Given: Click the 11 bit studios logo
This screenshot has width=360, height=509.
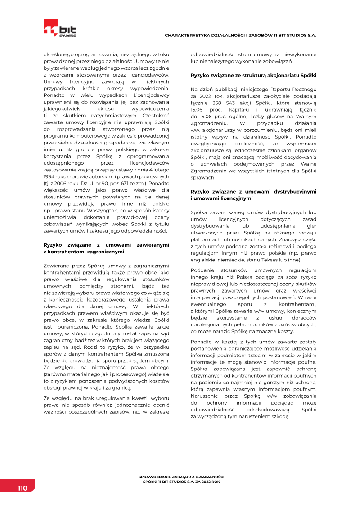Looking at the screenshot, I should pos(60,28).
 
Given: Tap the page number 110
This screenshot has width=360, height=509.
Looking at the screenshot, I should pos(22,488).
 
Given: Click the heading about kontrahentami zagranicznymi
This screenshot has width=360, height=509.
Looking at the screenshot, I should pos(106,248).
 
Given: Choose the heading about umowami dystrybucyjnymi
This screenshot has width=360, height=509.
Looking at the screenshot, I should pos(254,195).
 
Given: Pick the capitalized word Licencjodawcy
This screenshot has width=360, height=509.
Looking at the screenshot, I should pos(149,95).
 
